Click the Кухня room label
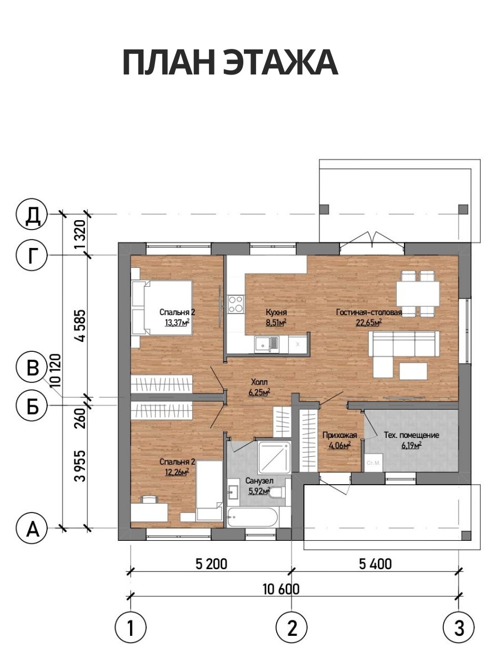[x=276, y=312]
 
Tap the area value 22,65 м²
[x=368, y=322]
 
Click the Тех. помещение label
[x=411, y=435]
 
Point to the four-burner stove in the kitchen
[x=236, y=304]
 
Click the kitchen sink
[x=267, y=345]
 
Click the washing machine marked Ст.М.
[x=373, y=462]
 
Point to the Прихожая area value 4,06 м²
[x=339, y=445]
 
